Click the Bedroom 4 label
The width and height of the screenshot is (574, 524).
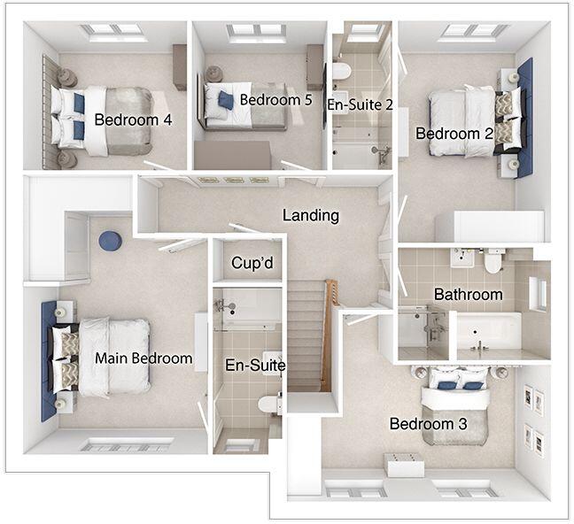click(x=133, y=119)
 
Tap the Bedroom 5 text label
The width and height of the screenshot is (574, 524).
click(x=275, y=99)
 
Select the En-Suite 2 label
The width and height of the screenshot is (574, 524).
click(x=360, y=104)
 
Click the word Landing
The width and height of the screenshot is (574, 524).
click(x=310, y=215)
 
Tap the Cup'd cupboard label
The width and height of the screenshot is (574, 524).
click(x=249, y=263)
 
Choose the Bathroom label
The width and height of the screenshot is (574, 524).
click(x=468, y=294)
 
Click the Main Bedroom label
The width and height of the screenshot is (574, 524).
click(x=143, y=358)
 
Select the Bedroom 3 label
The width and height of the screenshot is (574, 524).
click(x=428, y=424)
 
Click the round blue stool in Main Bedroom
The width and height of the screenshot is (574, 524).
click(x=111, y=241)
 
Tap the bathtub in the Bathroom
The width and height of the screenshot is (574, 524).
click(x=487, y=332)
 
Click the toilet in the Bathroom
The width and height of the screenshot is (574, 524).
click(x=493, y=261)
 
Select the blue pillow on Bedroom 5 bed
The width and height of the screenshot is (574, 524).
click(x=226, y=100)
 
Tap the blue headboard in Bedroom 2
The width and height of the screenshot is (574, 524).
click(x=524, y=117)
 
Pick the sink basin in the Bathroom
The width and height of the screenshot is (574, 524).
click(x=462, y=258)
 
